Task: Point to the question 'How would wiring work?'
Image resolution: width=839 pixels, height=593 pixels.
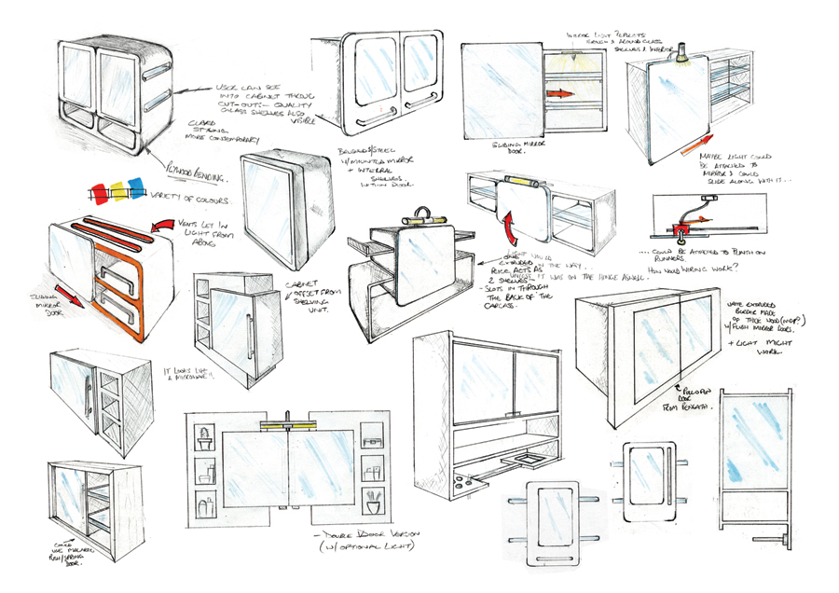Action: (699, 267)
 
